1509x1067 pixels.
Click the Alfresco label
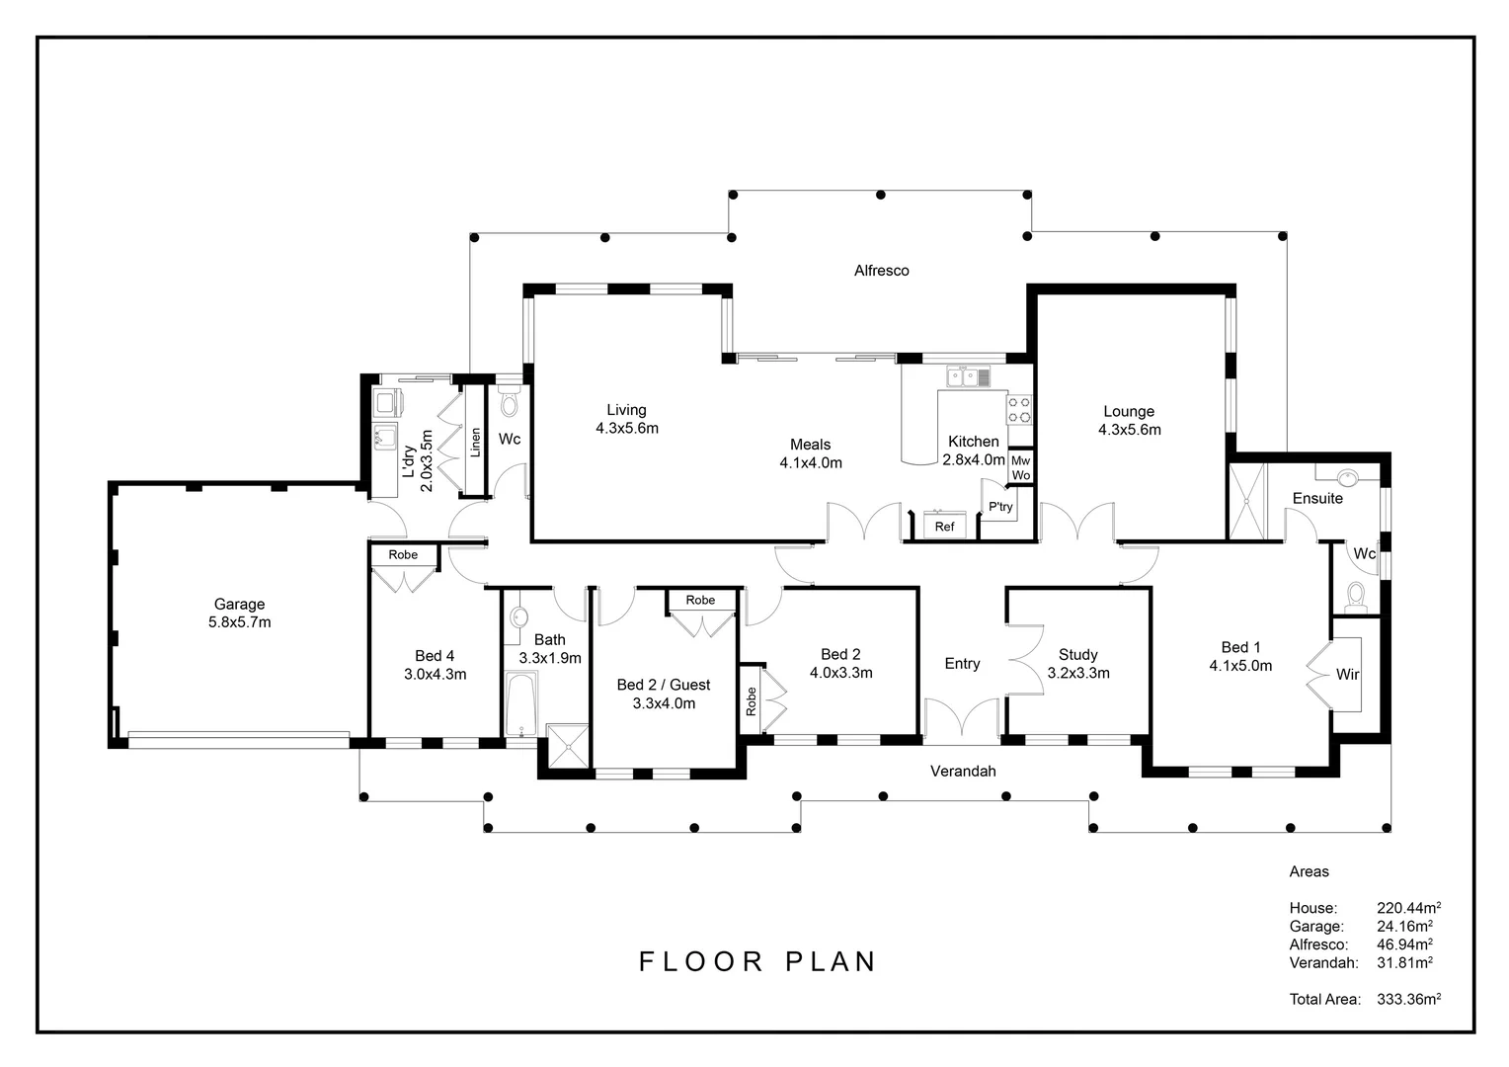[881, 271]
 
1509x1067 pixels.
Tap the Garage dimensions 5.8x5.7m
[239, 622]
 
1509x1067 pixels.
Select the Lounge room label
[1129, 411]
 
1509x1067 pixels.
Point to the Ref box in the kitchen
[944, 526]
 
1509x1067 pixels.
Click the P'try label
[1000, 507]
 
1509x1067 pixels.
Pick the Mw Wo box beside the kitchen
[1020, 467]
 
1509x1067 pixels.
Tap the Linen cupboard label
[476, 443]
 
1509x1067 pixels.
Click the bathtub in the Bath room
[520, 704]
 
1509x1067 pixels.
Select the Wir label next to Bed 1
[1347, 674]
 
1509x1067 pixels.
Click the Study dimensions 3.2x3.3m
[1077, 673]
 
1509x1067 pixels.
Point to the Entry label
[962, 664]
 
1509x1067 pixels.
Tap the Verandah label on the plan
[963, 771]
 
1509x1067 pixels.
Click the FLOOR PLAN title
[757, 962]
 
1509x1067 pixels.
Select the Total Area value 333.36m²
[1408, 998]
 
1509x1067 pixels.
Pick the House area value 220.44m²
[1408, 907]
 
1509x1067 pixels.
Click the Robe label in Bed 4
[403, 554]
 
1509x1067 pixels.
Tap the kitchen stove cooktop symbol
[1019, 410]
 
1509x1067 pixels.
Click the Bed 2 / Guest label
[664, 685]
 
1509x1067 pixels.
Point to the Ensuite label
[1317, 498]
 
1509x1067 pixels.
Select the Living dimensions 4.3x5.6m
[626, 428]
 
